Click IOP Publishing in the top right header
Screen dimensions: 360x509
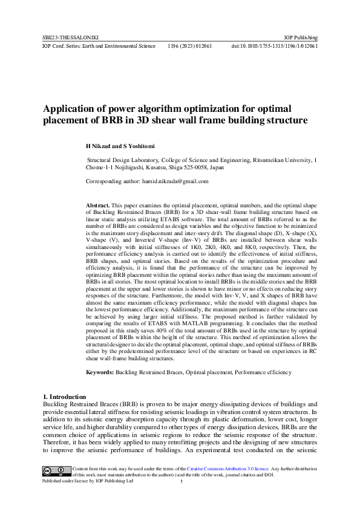301,37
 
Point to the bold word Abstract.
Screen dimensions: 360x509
98,206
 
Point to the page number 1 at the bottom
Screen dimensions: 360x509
181,482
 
